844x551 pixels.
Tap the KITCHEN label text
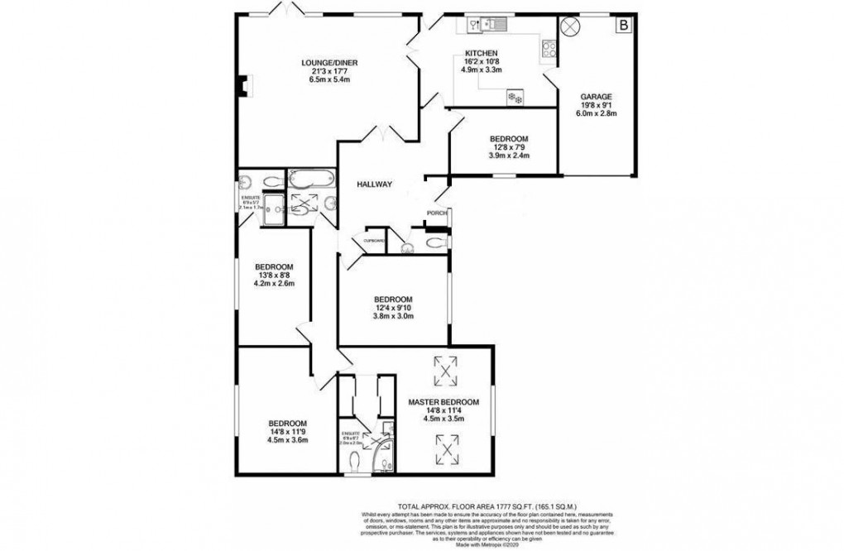480,54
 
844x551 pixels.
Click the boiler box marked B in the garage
622,26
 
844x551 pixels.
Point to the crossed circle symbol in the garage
570,26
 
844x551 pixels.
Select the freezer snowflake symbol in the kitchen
516,98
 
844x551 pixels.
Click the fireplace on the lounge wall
239,85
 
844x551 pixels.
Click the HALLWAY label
375,184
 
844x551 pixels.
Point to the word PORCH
436,213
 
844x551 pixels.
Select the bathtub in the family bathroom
310,179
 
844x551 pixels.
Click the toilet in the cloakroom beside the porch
436,242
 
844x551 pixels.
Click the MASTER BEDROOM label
443,402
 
